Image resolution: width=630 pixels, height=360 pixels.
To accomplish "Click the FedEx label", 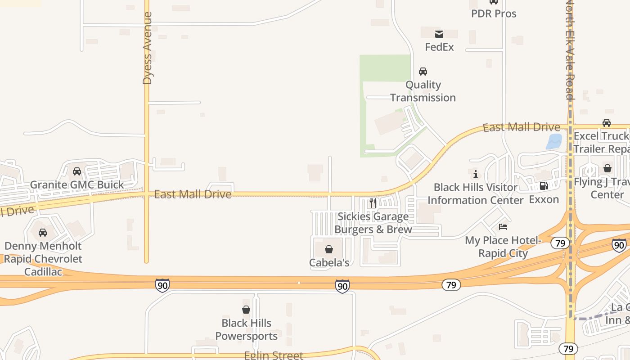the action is (439, 47).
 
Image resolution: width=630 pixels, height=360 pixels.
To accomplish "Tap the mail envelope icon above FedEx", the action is (439, 34).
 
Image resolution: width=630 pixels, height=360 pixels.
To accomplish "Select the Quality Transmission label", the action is (423, 91).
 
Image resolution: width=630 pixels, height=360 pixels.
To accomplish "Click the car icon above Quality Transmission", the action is (423, 72).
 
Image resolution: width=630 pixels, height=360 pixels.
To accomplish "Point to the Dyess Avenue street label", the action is (147, 49).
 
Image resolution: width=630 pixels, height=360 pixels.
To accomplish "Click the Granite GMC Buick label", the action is (76, 184).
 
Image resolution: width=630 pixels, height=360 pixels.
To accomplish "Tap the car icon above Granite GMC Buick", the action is (76, 171).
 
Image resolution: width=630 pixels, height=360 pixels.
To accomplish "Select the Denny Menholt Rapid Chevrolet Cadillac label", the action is (43, 259).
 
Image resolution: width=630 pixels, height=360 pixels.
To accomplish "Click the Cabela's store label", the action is (329, 262).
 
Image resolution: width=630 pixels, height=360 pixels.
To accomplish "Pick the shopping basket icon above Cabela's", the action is (329, 249).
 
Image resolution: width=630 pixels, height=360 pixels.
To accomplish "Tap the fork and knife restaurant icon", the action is (373, 203).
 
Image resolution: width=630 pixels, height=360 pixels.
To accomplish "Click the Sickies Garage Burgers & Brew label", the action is (373, 223).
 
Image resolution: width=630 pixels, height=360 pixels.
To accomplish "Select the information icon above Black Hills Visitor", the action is (476, 174).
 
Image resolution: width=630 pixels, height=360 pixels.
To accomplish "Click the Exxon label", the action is (544, 199).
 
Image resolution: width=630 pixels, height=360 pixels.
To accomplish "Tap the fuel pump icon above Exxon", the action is (544, 186).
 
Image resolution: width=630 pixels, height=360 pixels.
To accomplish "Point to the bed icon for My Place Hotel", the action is (503, 227).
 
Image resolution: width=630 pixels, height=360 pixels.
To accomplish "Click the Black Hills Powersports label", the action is (246, 329).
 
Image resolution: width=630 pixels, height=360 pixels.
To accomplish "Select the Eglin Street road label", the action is (273, 355).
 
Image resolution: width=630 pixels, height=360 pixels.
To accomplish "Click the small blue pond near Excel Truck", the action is (554, 141).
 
